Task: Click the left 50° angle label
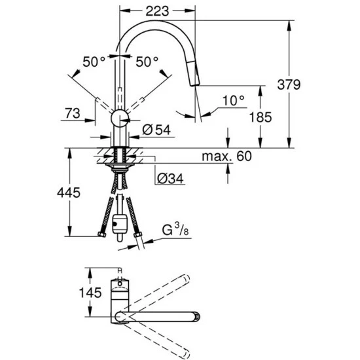point(94,62)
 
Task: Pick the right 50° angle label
point(147,62)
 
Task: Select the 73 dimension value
point(74,114)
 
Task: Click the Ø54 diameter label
point(156,130)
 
